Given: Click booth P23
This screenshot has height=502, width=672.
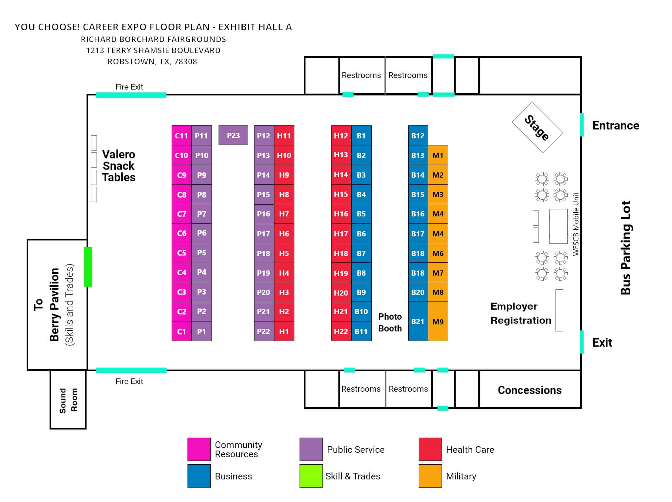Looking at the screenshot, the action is [x=233, y=135].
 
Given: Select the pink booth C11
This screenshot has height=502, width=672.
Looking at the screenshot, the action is [x=182, y=135].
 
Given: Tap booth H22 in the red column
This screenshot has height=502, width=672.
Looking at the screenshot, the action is [x=341, y=331].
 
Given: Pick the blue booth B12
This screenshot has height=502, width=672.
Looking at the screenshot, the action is [x=418, y=135].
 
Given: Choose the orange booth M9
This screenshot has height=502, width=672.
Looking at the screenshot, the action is [x=438, y=321].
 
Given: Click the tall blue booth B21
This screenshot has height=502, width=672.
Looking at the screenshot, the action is [x=418, y=321].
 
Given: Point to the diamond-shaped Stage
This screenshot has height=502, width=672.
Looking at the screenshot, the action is [x=537, y=127].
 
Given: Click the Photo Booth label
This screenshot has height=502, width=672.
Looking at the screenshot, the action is [x=390, y=322].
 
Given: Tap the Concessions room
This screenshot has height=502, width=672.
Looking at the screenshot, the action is [x=530, y=390].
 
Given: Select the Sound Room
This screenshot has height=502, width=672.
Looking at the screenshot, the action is [x=68, y=400].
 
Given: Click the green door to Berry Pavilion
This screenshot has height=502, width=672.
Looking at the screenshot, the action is [x=88, y=267].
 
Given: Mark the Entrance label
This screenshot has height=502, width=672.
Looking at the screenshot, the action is [x=616, y=125].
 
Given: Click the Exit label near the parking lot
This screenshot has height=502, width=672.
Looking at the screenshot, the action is [x=602, y=343].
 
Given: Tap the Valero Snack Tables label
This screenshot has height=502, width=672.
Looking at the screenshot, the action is [x=119, y=166].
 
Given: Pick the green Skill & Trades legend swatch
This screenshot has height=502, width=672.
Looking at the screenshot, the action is [x=311, y=476].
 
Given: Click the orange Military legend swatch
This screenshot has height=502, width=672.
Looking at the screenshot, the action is [x=430, y=476].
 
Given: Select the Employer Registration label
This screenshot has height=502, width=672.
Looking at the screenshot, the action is [x=521, y=313].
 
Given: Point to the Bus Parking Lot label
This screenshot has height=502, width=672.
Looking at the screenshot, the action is [x=625, y=247].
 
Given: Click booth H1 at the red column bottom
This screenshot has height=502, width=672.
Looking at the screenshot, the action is [x=284, y=331].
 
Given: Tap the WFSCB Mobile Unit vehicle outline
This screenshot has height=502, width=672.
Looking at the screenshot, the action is [x=558, y=226].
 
